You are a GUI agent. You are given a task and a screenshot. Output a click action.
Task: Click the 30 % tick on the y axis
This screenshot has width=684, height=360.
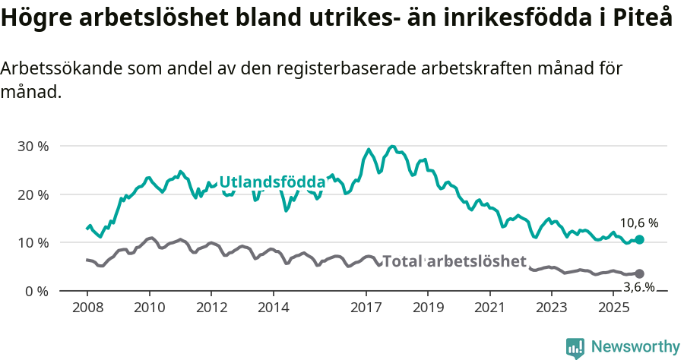click(x=33, y=146)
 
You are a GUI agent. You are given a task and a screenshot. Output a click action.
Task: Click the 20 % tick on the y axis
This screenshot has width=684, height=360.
click(x=33, y=194)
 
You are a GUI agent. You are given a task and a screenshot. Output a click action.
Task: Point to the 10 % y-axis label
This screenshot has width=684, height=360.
click(x=33, y=243)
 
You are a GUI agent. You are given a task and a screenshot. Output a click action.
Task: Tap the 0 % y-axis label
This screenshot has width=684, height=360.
click(x=36, y=292)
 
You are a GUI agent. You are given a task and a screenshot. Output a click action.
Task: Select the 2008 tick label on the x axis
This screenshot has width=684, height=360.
click(x=87, y=308)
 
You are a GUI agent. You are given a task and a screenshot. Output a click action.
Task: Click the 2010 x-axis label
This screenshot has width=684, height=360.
click(x=149, y=308)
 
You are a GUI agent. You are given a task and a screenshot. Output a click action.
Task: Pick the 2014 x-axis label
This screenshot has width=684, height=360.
click(x=273, y=308)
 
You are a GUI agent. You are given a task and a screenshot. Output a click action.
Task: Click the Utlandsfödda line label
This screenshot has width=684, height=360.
click(x=272, y=182)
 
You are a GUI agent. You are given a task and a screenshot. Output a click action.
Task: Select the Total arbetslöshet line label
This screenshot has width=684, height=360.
click(x=454, y=261)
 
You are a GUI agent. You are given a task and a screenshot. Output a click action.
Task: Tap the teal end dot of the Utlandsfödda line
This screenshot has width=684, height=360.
click(x=639, y=239)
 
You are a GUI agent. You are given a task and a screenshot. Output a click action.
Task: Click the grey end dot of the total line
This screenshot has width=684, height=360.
click(x=639, y=273)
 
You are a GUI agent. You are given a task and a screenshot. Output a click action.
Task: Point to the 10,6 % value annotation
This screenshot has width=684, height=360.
click(x=639, y=223)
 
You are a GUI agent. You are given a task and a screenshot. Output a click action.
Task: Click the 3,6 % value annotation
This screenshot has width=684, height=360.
click(x=639, y=287)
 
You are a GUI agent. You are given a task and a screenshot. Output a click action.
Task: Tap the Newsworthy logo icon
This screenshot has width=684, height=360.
click(x=575, y=348)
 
